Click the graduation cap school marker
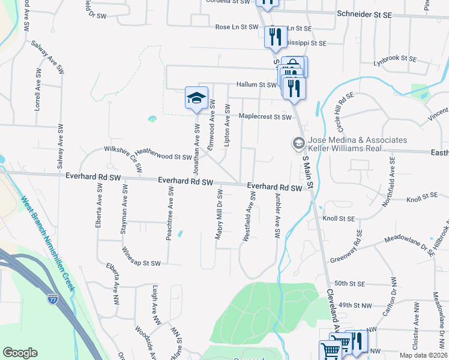click(x=196, y=98)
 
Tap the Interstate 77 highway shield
click(x=53, y=298)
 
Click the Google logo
click(x=20, y=353)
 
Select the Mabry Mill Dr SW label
click(x=219, y=214)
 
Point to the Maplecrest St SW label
click(x=265, y=116)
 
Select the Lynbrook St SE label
click(x=394, y=59)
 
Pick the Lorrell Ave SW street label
click(x=37, y=95)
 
